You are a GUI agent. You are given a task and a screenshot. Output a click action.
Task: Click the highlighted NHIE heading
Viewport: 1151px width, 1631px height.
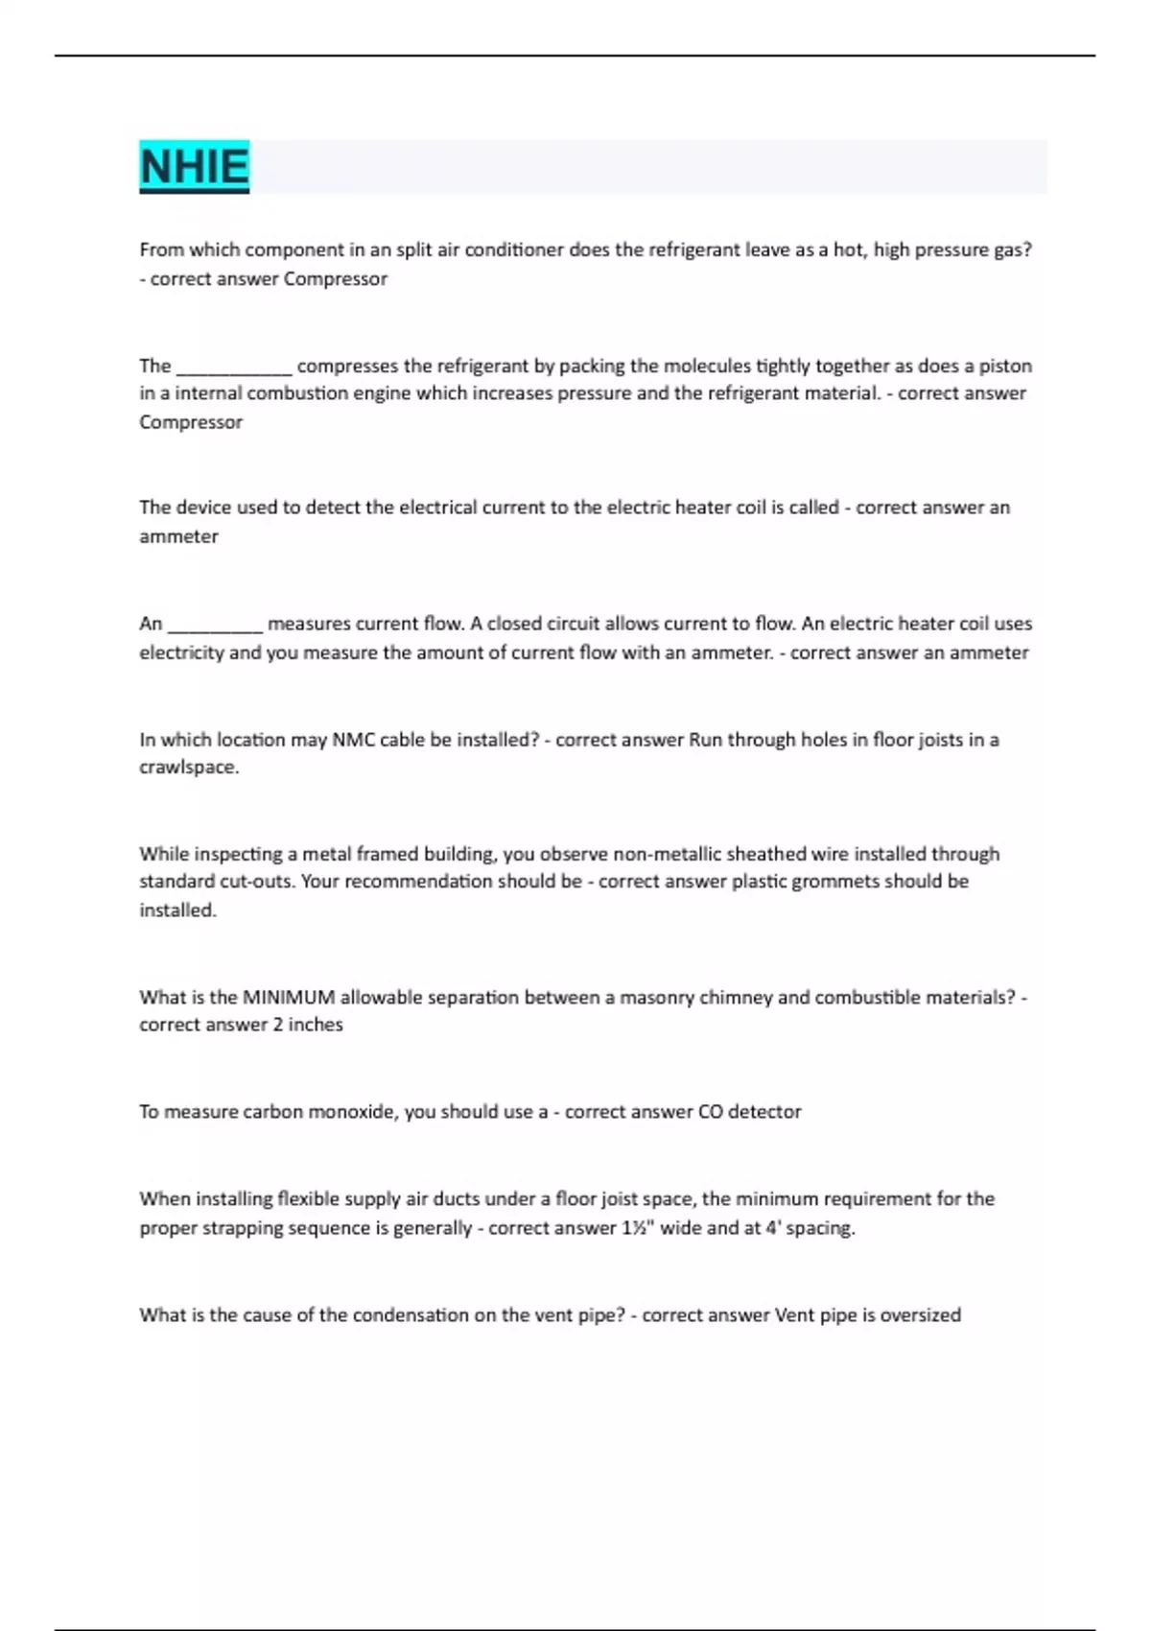click(194, 167)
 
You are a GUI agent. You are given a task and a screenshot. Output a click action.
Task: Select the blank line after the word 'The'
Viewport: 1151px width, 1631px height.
click(234, 366)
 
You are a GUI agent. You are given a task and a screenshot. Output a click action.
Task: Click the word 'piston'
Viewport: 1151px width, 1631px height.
click(1005, 366)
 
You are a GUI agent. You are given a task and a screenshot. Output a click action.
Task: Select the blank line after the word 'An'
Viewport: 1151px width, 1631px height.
click(215, 625)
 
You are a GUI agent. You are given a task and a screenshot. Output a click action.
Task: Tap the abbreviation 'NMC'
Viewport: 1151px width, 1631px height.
click(353, 740)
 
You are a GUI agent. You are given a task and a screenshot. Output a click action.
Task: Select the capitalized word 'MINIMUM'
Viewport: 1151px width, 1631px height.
click(288, 998)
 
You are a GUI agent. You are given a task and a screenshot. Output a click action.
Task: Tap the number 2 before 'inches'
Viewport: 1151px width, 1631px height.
click(278, 1026)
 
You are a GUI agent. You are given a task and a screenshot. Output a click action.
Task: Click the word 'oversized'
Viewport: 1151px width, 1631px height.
click(920, 1315)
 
